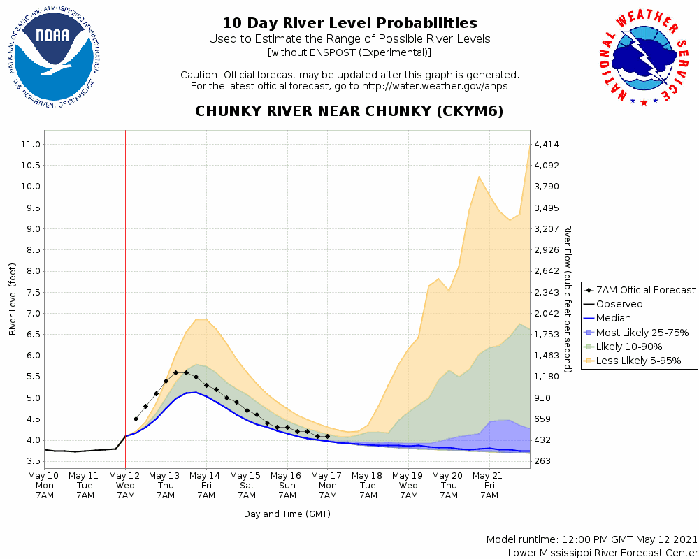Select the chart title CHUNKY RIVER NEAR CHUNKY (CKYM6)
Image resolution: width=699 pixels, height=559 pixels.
click(349, 112)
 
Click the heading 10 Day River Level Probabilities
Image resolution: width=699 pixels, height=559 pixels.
click(349, 24)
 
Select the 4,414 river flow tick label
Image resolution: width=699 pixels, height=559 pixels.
click(546, 145)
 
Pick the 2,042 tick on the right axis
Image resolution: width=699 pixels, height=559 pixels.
click(546, 314)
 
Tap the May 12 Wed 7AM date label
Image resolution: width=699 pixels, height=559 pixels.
click(125, 484)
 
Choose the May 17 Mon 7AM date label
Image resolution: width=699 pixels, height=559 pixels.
click(327, 484)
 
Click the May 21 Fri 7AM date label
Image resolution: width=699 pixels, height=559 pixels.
click(489, 484)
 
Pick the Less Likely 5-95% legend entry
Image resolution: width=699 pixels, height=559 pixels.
click(638, 361)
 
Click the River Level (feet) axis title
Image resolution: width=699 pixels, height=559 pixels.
click(13, 299)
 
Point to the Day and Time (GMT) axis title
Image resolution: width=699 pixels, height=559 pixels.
click(287, 514)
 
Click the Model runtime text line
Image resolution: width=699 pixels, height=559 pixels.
click(591, 539)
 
